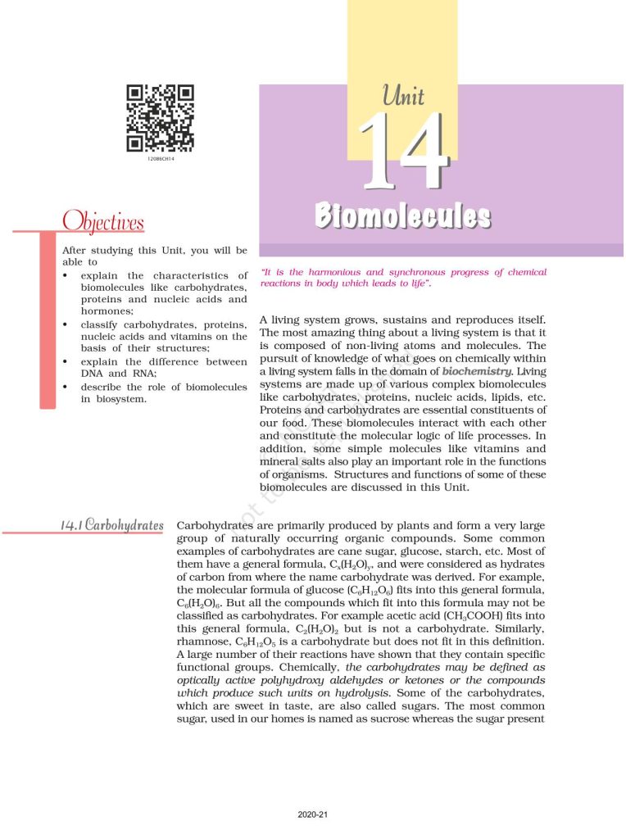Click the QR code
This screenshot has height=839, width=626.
click(x=160, y=118)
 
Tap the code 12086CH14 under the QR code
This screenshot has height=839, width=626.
click(x=161, y=158)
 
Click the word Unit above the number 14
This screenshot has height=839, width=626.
click(x=403, y=96)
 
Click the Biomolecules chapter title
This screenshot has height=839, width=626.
click(x=403, y=216)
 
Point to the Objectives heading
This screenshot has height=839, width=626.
click(x=103, y=222)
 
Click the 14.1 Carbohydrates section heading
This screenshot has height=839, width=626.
click(x=111, y=524)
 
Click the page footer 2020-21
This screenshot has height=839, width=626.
click(x=313, y=815)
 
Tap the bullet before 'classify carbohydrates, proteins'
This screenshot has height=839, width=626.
click(x=66, y=324)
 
